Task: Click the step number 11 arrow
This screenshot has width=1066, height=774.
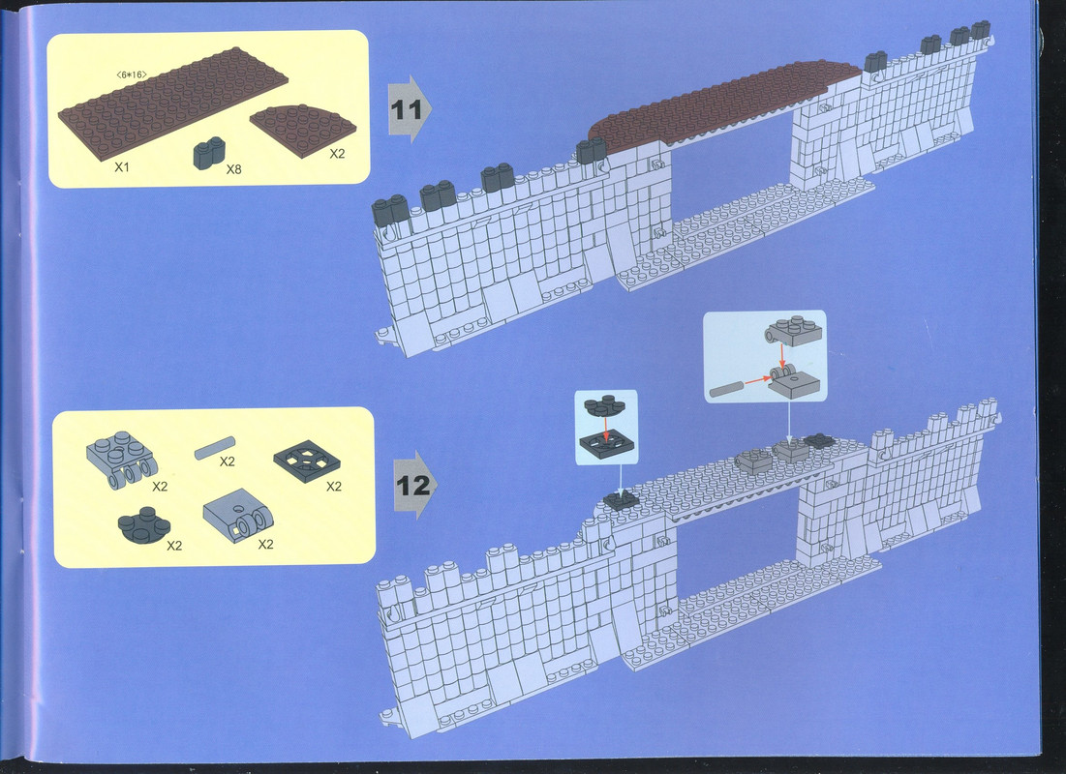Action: [409, 109]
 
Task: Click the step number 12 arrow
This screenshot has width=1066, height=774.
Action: [414, 485]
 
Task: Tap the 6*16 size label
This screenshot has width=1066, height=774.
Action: [132, 74]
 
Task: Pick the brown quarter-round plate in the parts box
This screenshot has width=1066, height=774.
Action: [302, 129]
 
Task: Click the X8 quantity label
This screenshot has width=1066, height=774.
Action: [233, 169]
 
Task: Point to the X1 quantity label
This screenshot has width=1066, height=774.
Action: [122, 166]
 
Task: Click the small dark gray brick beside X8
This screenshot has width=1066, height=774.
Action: [209, 154]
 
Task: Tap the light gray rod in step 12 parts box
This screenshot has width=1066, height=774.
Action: [215, 448]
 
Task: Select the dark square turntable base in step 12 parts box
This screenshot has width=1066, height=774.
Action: [307, 461]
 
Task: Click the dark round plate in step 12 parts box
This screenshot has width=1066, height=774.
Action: [143, 526]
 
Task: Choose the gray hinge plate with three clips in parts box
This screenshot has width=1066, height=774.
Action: [122, 460]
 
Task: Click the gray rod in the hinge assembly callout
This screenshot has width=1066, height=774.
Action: [726, 389]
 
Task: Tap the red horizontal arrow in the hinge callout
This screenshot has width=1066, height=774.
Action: [757, 381]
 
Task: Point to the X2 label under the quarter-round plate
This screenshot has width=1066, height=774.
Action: [337, 154]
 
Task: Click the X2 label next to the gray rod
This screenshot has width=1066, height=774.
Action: [228, 461]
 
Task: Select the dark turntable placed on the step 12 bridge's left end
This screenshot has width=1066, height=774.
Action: [621, 501]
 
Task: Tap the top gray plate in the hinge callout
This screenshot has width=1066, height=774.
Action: [793, 330]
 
